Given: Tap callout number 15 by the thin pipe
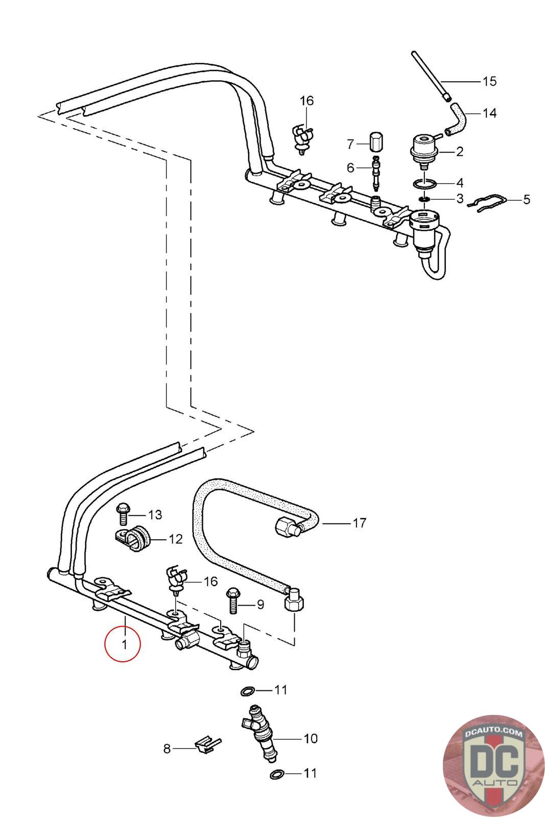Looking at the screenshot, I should tap(489, 81).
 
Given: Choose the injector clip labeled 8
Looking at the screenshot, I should tap(207, 746).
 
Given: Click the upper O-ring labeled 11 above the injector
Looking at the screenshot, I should tap(248, 691).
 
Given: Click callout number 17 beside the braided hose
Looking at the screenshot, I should tap(359, 523).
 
